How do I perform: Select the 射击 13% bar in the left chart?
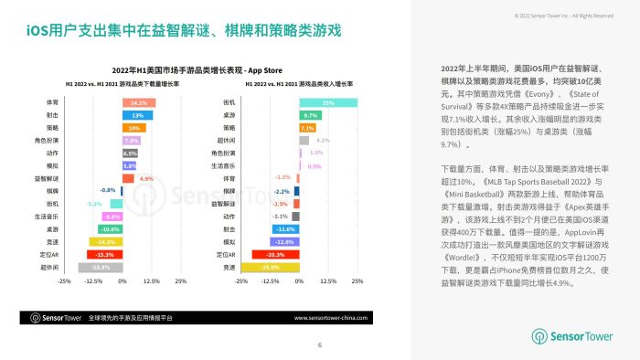pyautogui.click(x=136, y=115)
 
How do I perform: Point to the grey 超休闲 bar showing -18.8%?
pyautogui.click(x=100, y=268)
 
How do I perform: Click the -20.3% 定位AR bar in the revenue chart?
pyautogui.click(x=276, y=254)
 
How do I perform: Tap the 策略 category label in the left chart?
pyautogui.click(x=53, y=128)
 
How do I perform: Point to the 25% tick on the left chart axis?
pyautogui.click(x=180, y=281)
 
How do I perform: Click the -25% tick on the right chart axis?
pyautogui.click(x=241, y=281)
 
